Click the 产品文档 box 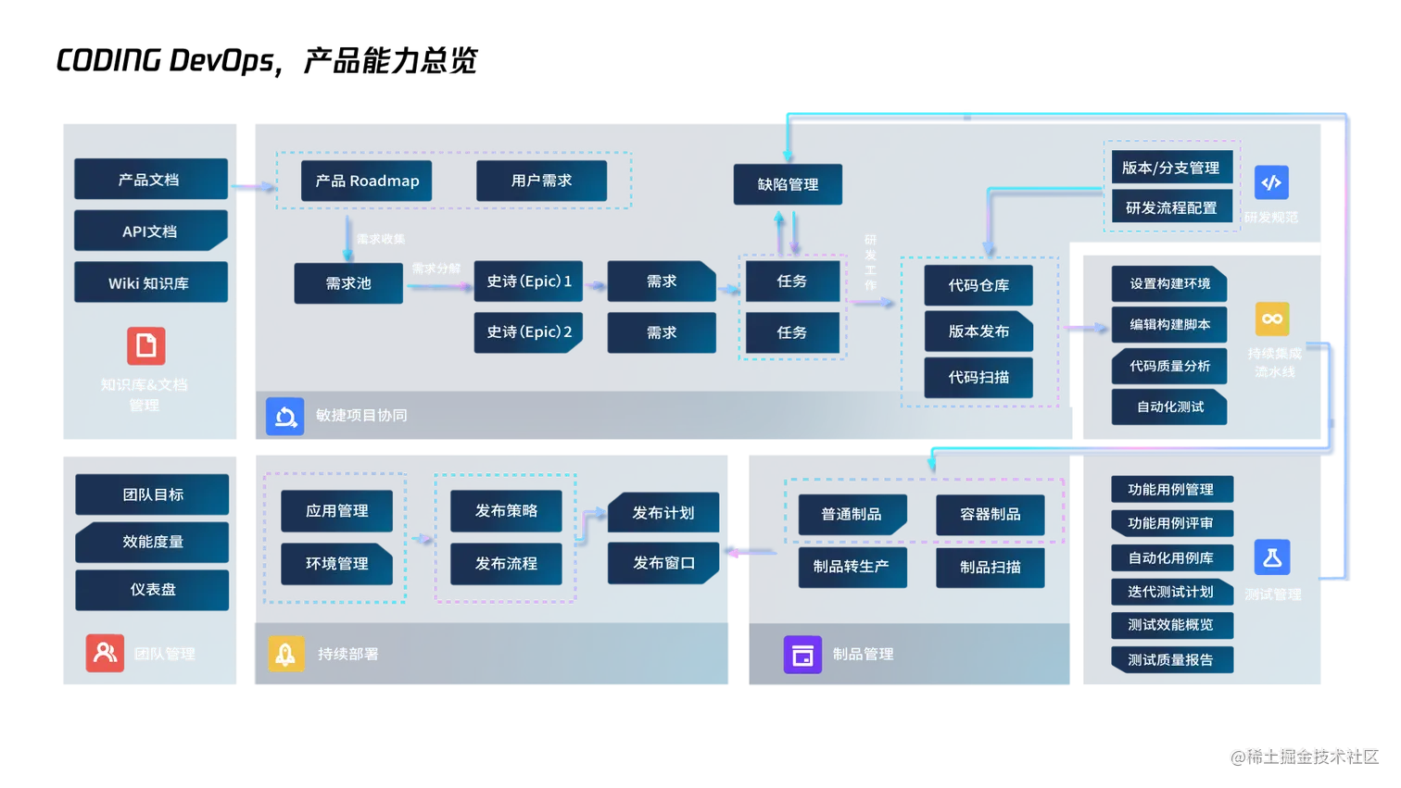[x=149, y=180]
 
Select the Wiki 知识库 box [x=149, y=283]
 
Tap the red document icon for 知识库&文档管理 [x=145, y=346]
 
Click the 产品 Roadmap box [x=367, y=181]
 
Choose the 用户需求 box [x=541, y=181]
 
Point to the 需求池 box [x=348, y=283]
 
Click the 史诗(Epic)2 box [x=530, y=331]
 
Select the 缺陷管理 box [x=788, y=184]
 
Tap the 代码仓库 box [x=978, y=285]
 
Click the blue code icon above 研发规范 [x=1271, y=182]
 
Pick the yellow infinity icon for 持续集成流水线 [x=1272, y=319]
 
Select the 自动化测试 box [x=1170, y=407]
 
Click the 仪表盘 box [x=153, y=589]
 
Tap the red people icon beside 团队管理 [x=105, y=653]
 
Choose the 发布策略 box [x=506, y=510]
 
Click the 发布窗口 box [x=663, y=563]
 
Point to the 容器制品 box [x=990, y=514]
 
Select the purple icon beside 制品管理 [x=802, y=655]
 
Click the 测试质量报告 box [x=1170, y=659]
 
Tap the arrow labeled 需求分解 [x=438, y=286]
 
